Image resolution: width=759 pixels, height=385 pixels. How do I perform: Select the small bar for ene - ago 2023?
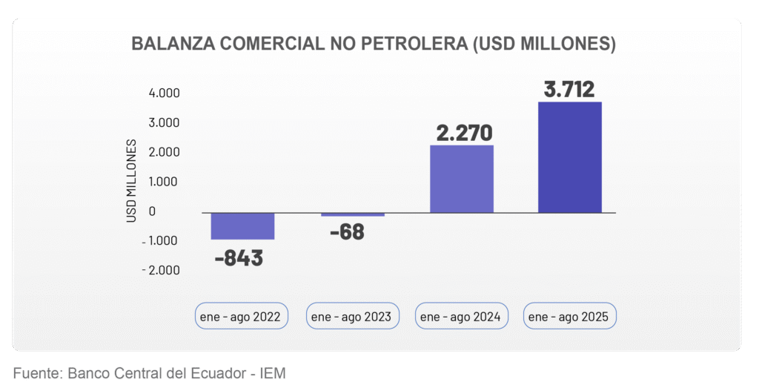click(353, 215)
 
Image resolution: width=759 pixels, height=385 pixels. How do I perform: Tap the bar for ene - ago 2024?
click(461, 179)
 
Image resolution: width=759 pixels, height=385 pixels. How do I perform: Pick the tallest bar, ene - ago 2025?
click(569, 157)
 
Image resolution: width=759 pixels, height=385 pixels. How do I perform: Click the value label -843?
click(239, 258)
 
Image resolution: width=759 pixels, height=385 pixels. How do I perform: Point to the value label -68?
click(347, 231)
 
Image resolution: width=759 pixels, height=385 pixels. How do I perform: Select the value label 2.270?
click(464, 133)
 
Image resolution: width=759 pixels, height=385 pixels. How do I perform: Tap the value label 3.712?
click(569, 90)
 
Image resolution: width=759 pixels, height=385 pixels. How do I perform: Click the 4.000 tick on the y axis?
click(165, 93)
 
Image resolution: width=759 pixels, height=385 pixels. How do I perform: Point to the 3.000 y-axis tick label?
click(165, 122)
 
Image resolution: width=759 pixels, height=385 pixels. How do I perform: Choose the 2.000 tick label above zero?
click(165, 152)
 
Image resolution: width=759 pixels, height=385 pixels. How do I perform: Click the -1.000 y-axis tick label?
click(161, 240)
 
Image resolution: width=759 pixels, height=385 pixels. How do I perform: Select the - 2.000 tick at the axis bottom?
click(161, 270)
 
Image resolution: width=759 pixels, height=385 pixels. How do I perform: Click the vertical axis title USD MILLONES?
click(131, 180)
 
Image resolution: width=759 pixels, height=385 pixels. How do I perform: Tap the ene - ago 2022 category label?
click(240, 317)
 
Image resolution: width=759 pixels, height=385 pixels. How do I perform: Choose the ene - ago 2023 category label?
click(351, 317)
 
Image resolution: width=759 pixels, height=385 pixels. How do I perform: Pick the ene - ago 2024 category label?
click(460, 317)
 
